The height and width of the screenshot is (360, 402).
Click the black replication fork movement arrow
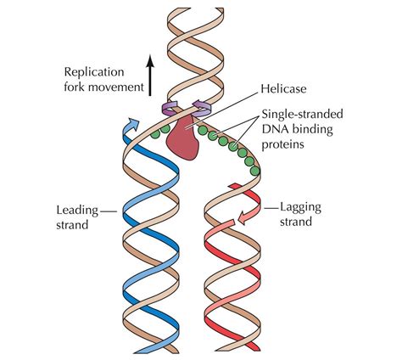[149, 76]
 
